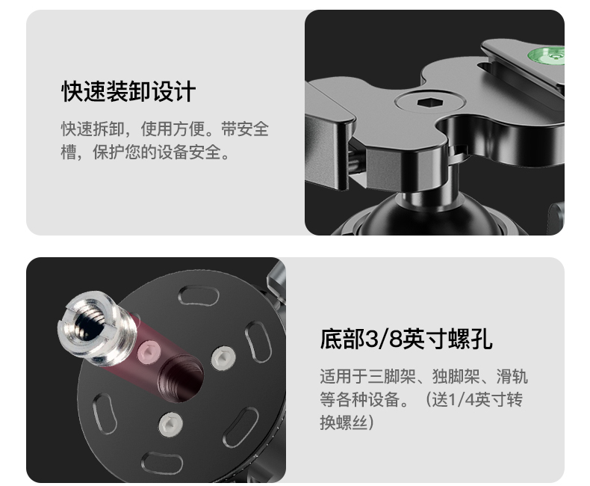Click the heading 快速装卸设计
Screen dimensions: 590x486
pos(128,91)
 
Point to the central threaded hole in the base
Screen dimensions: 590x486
pos(181,378)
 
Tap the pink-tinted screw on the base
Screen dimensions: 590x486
pos(149,352)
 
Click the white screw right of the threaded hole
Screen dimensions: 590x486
pos(223,358)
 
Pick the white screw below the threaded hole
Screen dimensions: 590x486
pos(170,424)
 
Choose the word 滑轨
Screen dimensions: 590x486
pos(512,376)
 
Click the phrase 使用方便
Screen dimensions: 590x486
pos(173,129)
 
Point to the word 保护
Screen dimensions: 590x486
pos(109,153)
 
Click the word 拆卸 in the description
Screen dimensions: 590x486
pos(109,129)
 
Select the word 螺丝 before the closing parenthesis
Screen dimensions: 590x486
pos(352,422)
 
